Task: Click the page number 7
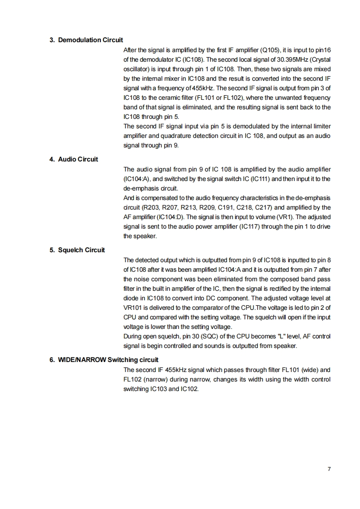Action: [x=329, y=469]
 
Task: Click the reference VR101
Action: [x=133, y=308]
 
